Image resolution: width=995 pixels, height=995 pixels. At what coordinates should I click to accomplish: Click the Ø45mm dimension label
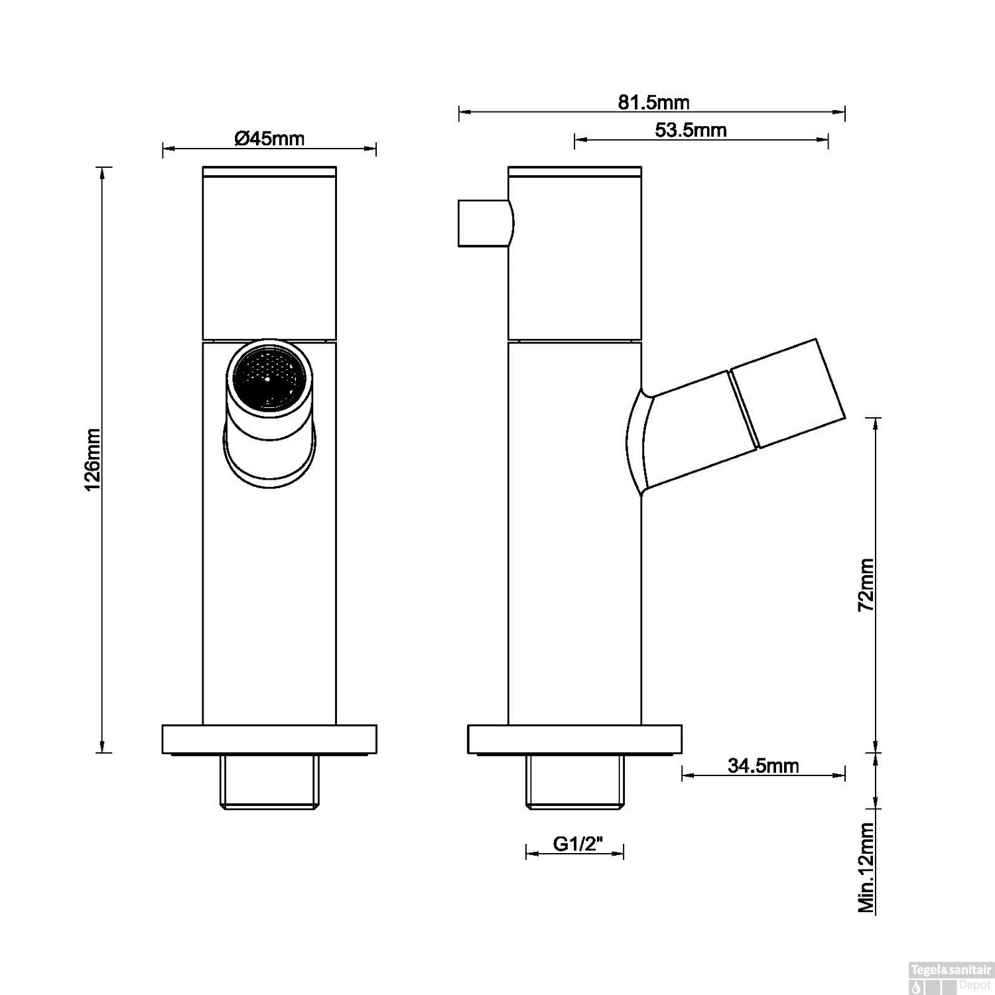pyautogui.click(x=269, y=139)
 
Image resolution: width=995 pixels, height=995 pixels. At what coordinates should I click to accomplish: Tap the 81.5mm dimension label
pyautogui.click(x=653, y=102)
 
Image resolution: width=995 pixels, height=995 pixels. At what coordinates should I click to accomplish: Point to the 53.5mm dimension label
pyautogui.click(x=691, y=130)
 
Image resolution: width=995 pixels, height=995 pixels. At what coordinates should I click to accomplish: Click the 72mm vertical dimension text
pyautogui.click(x=866, y=585)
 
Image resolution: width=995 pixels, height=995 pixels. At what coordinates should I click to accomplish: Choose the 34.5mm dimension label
pyautogui.click(x=763, y=765)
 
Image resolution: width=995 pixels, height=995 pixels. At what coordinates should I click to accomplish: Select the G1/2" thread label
pyautogui.click(x=577, y=844)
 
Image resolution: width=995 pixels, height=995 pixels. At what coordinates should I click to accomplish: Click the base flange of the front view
pyautogui.click(x=269, y=740)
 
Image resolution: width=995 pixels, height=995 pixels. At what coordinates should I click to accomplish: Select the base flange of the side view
pyautogui.click(x=574, y=740)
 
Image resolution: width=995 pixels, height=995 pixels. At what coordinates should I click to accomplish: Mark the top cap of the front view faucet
pyautogui.click(x=269, y=171)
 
